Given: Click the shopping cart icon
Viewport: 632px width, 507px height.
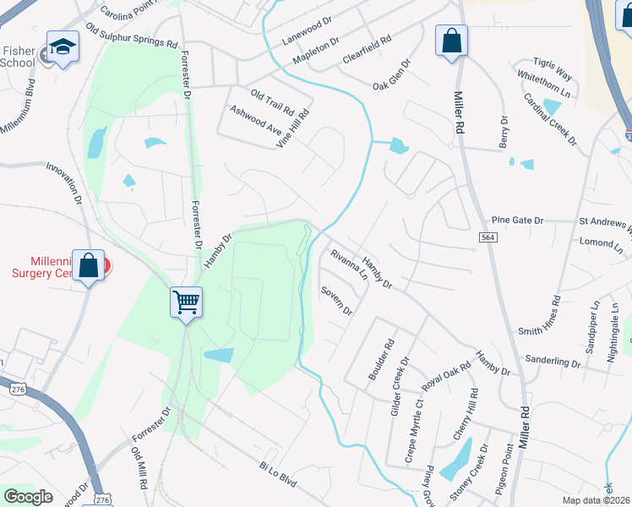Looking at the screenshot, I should pyautogui.click(x=186, y=302).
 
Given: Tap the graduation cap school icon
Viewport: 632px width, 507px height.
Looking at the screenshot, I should pyautogui.click(x=63, y=47).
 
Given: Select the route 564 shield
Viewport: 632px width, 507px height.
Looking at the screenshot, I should pyautogui.click(x=488, y=239).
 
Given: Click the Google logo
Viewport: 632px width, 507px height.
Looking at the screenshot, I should pyautogui.click(x=28, y=497).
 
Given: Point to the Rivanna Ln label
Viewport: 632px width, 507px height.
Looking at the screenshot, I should pyautogui.click(x=349, y=265).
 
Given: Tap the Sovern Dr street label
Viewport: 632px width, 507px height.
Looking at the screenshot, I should pyautogui.click(x=335, y=300).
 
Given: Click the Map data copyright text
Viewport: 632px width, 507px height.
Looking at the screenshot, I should pyautogui.click(x=597, y=499).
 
